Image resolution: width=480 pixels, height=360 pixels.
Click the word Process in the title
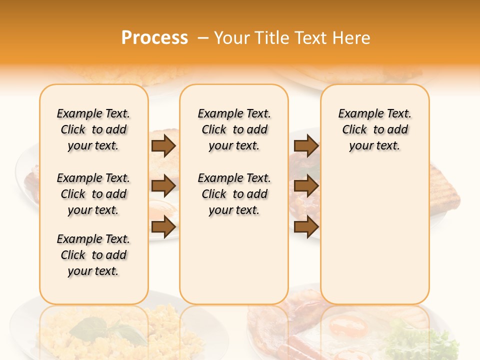pos(154,38)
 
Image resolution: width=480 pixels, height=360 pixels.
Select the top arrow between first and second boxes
pos(163,146)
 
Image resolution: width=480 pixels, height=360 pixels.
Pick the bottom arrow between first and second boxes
pos(163,227)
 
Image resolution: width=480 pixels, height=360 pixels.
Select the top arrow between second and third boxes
pos(306,146)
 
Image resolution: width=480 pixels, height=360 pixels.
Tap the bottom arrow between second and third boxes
pos(306,227)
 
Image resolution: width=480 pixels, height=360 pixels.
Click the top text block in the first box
pos(93,129)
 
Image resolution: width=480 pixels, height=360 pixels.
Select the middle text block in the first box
pos(93,194)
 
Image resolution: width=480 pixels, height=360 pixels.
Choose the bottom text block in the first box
pos(93,255)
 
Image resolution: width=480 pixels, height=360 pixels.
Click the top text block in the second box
pos(234,129)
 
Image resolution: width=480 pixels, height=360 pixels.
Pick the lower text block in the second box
pos(234,194)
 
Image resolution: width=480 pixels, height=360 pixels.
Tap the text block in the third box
pos(374,129)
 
